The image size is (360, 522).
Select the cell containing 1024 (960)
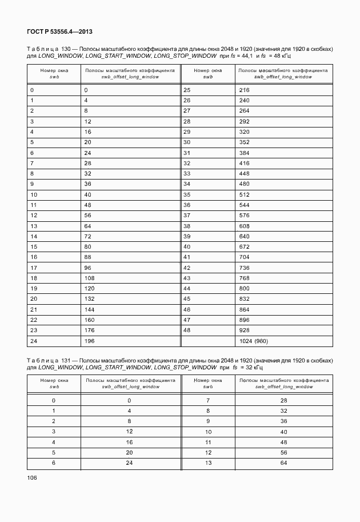click(254, 341)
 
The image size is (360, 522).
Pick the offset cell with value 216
click(245, 90)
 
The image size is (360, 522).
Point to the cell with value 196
click(90, 341)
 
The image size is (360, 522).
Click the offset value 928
click(245, 330)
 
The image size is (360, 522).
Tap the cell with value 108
click(90, 278)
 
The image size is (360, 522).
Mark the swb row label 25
click(187, 90)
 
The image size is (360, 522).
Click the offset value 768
click(245, 278)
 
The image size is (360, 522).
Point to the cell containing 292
click(245, 122)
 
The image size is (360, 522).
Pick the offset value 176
click(90, 330)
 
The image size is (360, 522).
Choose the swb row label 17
click(34, 267)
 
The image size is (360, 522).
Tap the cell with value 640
click(245, 236)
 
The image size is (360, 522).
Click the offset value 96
click(89, 267)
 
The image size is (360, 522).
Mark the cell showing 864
click(245, 309)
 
